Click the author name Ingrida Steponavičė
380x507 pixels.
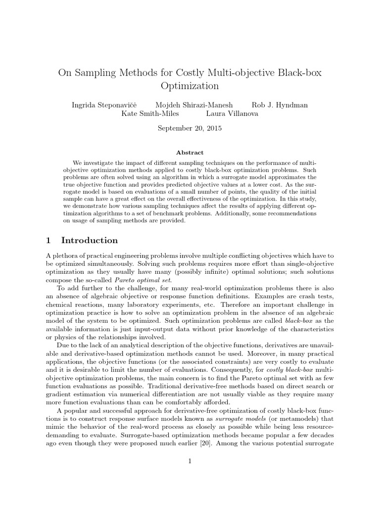pyautogui.click(x=105, y=105)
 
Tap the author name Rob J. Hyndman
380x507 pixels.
pyautogui.click(x=280, y=105)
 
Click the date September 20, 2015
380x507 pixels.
pyautogui.click(x=190, y=128)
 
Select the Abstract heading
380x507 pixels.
pyautogui.click(x=190, y=153)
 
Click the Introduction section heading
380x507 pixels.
pyautogui.click(x=89, y=241)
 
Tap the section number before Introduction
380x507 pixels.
pyautogui.click(x=48, y=241)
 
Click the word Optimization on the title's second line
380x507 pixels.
pyautogui.click(x=190, y=85)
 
